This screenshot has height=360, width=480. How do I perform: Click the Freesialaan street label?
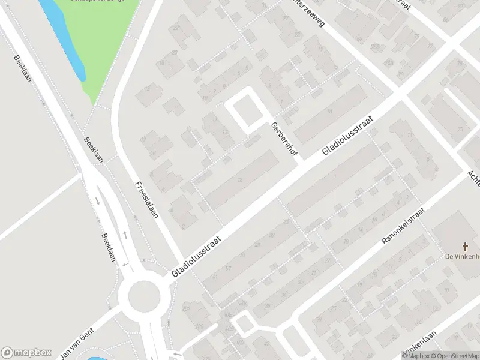pos(146,200)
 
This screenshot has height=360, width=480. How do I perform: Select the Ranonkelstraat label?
pos(403,226)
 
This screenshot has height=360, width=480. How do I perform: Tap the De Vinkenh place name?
pos(461,257)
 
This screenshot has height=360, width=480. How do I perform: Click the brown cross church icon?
pos(465,246)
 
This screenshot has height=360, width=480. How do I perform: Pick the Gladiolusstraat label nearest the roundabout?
pos(196,256)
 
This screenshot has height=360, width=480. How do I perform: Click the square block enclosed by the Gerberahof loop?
pos(247,111)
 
